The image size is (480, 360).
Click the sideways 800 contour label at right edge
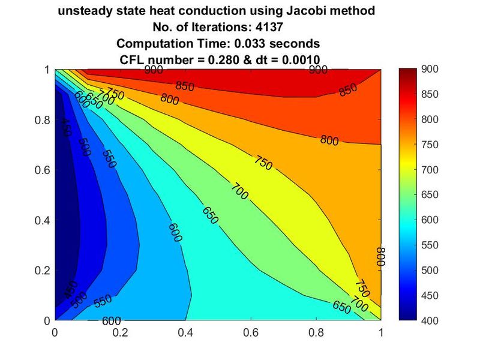tap(380, 256)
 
